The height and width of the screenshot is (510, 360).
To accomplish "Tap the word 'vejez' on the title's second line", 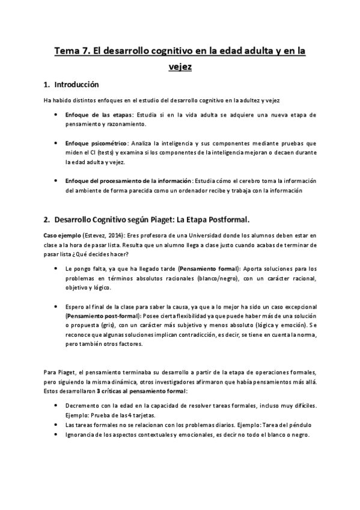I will [x=180, y=67].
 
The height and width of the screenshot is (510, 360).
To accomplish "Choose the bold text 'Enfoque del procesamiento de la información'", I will [x=129, y=181].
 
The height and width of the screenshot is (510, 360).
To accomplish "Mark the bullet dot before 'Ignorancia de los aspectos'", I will [x=56, y=435].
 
